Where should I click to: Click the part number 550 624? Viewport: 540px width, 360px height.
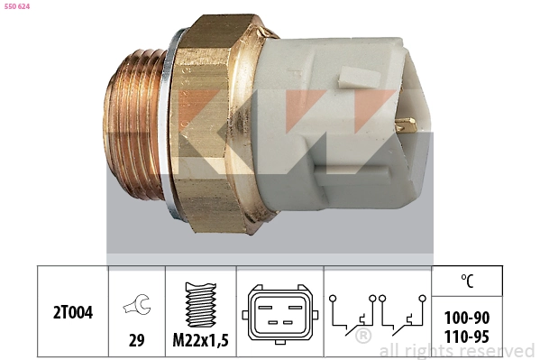18,6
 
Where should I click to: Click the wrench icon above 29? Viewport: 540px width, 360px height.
137,309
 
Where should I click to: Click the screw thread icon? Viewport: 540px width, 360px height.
199,304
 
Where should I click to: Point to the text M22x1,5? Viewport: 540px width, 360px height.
199,340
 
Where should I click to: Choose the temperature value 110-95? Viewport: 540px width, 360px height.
468,337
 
